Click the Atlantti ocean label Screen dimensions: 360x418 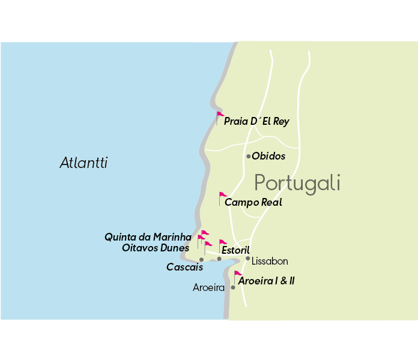pos(83,163)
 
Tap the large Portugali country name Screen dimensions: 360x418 pos(297,182)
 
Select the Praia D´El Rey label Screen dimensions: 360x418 pos(256,122)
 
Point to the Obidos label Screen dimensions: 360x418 pos(268,157)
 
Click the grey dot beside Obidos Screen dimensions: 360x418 pos(248,157)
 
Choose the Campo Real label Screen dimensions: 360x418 pos(253,203)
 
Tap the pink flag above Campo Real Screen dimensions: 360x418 pos(222,196)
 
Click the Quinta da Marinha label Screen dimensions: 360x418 pos(148,237)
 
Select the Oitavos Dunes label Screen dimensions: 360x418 pos(155,247)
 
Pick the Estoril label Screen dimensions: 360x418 pos(235,250)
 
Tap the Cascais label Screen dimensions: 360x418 pos(184,267)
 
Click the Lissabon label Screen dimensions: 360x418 pos(270,262)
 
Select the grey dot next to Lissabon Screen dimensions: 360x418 pos(247,259)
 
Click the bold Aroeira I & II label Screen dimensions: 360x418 pos(266,281)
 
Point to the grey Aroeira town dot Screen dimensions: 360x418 pos(233,287)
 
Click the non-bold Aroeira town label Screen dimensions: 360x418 pos(208,288)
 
